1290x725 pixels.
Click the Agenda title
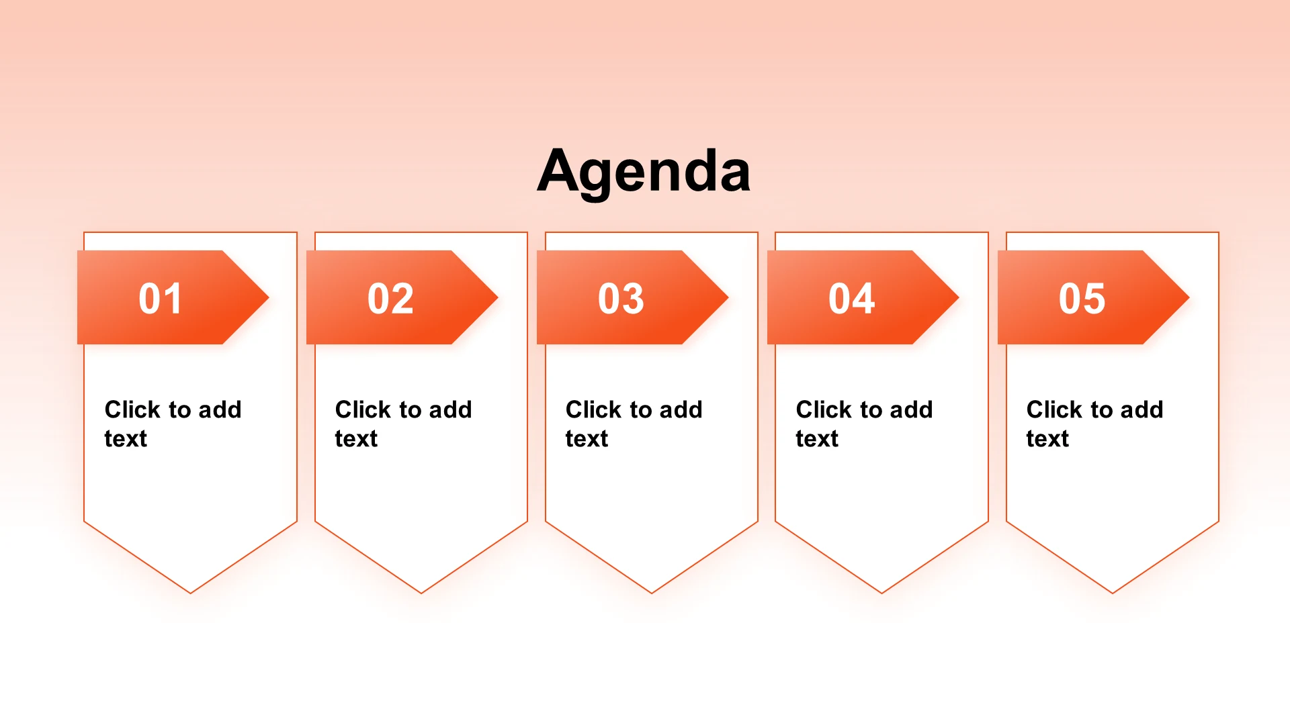click(x=644, y=171)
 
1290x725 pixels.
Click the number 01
click(x=160, y=298)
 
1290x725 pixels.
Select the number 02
click(x=390, y=298)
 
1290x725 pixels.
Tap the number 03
click(x=621, y=298)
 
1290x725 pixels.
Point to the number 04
click(x=851, y=298)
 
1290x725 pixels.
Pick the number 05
click(x=1082, y=298)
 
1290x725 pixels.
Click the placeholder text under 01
click(x=173, y=424)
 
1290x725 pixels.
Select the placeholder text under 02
click(x=403, y=424)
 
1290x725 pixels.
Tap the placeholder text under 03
click(x=634, y=424)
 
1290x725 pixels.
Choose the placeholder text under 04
click(x=864, y=424)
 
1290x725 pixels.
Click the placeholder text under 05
click(x=1094, y=424)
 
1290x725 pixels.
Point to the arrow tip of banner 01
click(x=269, y=297)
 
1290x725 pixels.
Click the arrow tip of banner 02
click(x=498, y=297)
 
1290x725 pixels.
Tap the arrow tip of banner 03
click(x=728, y=297)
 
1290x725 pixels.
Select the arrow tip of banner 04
click(x=959, y=297)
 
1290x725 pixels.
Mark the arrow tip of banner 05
click(x=1189, y=297)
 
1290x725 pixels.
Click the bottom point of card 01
click(x=191, y=593)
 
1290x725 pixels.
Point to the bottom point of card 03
click(x=652, y=593)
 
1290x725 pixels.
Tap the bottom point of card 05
click(x=1113, y=593)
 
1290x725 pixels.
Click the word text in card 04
click(x=817, y=439)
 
